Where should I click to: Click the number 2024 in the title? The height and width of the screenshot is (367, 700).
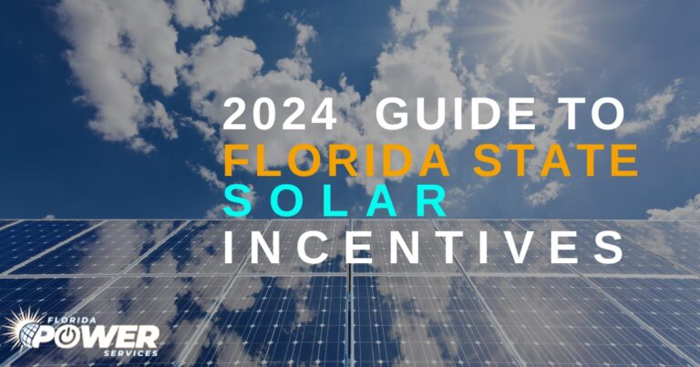[x=283, y=117]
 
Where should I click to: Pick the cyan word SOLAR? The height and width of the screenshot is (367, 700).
[x=336, y=201]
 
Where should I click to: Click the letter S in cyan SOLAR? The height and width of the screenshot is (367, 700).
[x=238, y=201]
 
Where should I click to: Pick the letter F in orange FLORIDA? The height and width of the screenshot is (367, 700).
[x=237, y=160]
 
